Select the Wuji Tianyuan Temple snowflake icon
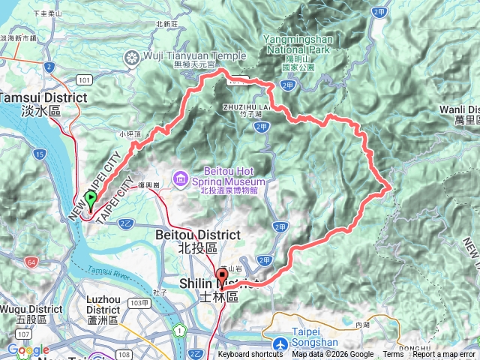[x=132, y=57]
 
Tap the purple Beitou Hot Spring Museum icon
[x=181, y=178]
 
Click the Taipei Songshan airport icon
[x=281, y=343]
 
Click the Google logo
[x=28, y=350]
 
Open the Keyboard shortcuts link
[x=250, y=355]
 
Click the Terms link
[x=393, y=355]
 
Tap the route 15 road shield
[x=38, y=154]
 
